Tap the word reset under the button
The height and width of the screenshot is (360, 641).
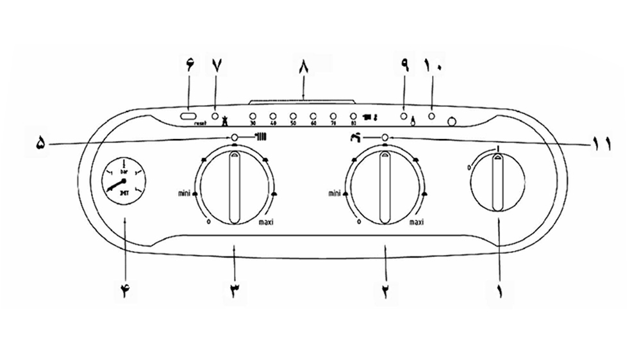coord(198,124)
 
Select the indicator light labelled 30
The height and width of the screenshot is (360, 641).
coord(253,115)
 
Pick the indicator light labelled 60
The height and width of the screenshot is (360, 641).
coord(313,115)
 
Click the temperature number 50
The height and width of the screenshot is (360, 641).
coord(293,123)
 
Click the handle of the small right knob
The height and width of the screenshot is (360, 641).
coord(497,183)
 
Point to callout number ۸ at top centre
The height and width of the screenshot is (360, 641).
coord(303,65)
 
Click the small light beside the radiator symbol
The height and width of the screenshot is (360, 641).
coord(235,137)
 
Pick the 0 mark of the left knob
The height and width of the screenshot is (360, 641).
coord(209,222)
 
